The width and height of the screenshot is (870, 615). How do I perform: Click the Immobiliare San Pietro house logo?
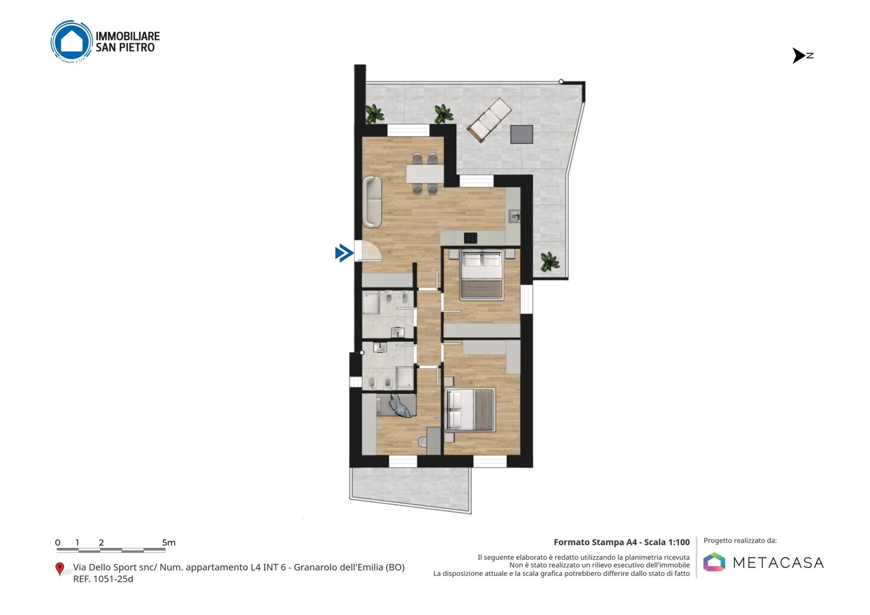pos(72,42)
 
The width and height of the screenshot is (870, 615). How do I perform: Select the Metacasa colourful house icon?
pos(714,562)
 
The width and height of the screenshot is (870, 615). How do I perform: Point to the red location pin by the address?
pos(59,569)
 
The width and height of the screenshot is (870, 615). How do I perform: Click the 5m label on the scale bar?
pos(169,543)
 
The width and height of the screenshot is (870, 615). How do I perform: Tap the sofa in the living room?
pos(372,202)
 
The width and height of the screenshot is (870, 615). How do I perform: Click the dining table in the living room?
pos(425,174)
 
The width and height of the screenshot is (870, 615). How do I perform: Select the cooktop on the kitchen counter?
pos(470,238)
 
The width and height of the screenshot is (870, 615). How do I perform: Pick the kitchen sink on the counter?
pos(515,216)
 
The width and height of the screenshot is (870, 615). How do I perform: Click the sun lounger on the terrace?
pos(489,120)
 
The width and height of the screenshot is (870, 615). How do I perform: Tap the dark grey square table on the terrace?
pos(521,134)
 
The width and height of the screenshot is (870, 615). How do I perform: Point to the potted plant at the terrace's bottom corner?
pos(550,262)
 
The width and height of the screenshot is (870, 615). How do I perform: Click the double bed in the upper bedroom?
pos(482,275)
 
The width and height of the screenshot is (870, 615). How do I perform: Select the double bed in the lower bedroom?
pos(470,410)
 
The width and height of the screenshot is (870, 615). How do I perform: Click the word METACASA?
pos(778,563)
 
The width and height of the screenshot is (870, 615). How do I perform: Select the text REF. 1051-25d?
pos(103,579)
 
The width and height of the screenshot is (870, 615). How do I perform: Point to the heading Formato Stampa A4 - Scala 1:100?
pos(622,543)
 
